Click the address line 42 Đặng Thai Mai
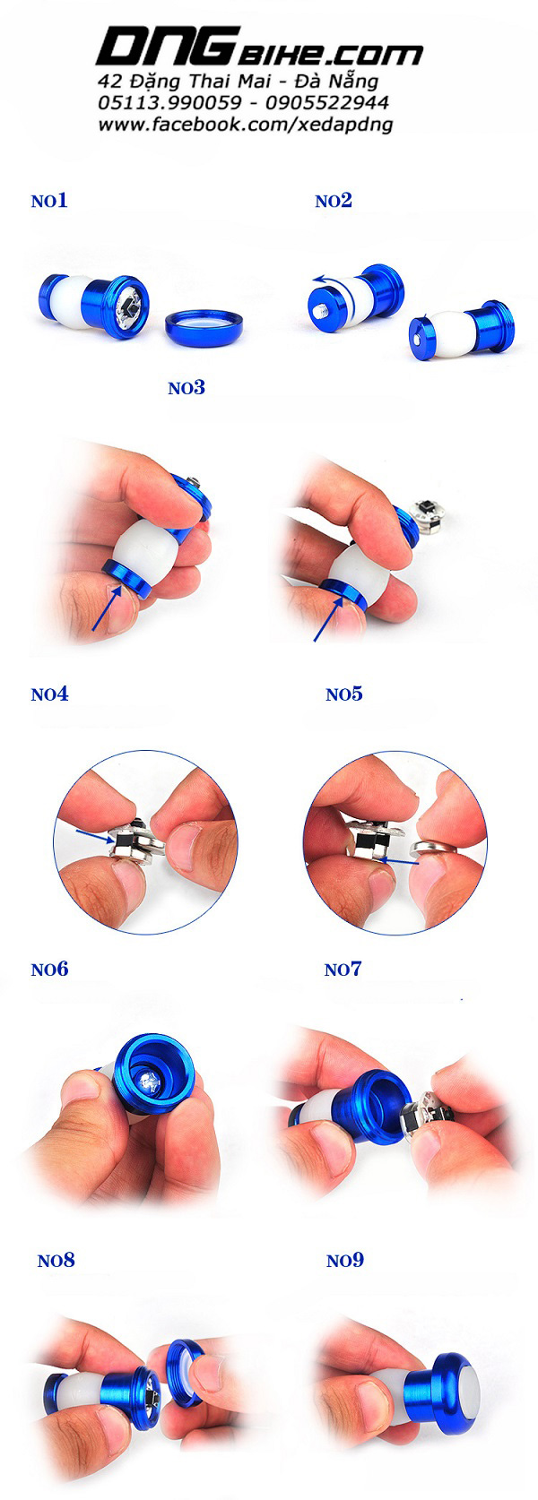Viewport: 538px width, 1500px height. coord(238,82)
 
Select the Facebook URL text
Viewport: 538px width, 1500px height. coord(245,125)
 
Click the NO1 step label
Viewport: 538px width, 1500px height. coord(49,201)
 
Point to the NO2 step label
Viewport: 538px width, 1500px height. coord(334,201)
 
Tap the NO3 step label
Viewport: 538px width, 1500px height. coord(187,387)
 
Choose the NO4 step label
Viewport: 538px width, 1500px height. coord(49,694)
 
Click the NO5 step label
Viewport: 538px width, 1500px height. coord(343,694)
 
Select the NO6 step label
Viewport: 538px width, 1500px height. coord(49,969)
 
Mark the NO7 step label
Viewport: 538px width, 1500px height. coord(343,969)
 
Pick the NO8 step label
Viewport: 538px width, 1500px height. coord(56,1260)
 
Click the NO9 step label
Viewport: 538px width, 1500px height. coord(345,1260)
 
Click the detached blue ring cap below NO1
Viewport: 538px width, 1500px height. coord(204,320)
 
